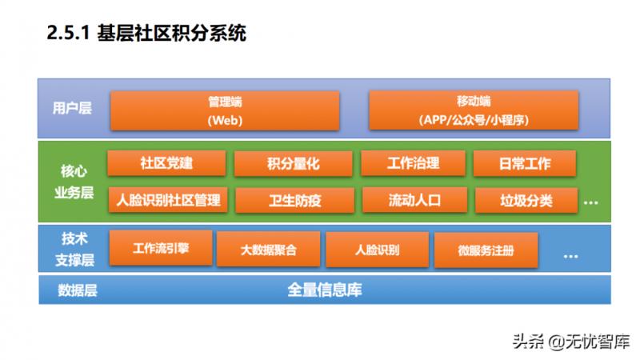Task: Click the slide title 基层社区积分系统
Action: pos(147,33)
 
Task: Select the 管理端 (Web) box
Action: pos(225,110)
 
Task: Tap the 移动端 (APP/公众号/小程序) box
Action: pos(474,110)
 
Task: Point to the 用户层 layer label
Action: pos(72,108)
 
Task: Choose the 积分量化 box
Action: pos(293,163)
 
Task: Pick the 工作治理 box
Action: pos(413,163)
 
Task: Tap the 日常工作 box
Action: pos(524,163)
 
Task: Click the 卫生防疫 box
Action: pos(294,199)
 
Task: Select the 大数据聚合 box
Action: pos(268,250)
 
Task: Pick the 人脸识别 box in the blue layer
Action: pos(376,250)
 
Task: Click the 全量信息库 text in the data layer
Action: pos(324,290)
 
